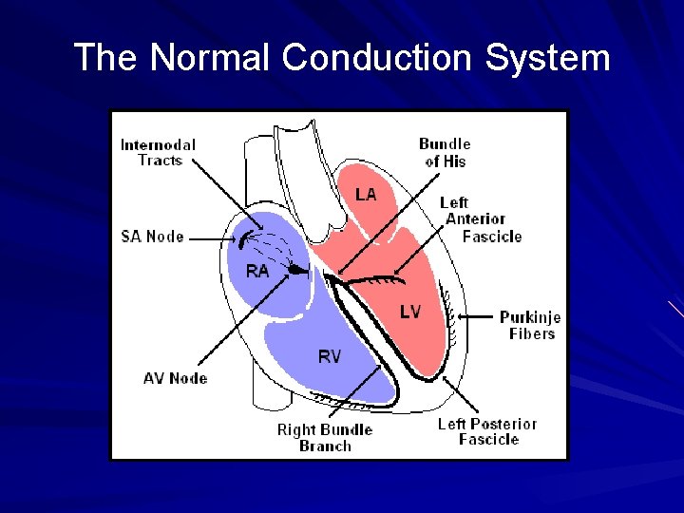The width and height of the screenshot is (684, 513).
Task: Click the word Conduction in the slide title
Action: (x=377, y=58)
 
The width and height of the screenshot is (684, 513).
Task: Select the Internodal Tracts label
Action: (x=158, y=152)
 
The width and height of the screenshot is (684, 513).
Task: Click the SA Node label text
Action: (x=152, y=236)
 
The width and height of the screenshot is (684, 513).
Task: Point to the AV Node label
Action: (x=175, y=378)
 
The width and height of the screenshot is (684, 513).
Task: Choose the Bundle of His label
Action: (x=445, y=153)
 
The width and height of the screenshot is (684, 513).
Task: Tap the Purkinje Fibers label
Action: (x=530, y=325)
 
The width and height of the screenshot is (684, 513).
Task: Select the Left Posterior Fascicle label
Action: (x=487, y=431)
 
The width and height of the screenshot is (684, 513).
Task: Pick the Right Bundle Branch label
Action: (x=325, y=437)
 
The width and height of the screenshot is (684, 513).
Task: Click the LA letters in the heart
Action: (x=366, y=194)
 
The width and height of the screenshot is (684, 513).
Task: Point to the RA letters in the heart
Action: (x=256, y=271)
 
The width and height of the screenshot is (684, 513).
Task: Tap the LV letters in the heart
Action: (x=409, y=312)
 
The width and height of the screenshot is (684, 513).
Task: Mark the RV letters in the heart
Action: (x=329, y=357)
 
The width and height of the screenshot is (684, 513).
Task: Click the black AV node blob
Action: (x=298, y=270)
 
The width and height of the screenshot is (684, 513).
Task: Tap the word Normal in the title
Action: (x=211, y=58)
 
